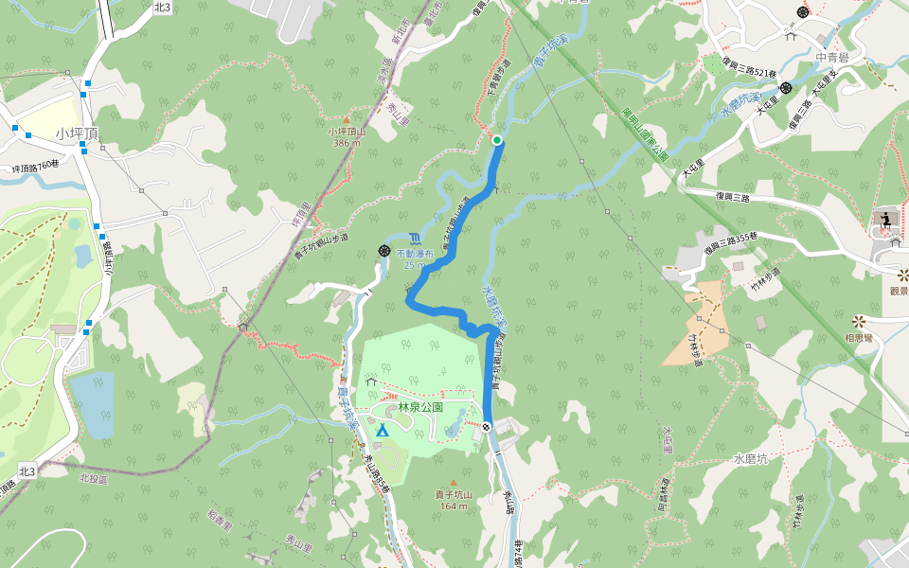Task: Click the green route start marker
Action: pos(496,141)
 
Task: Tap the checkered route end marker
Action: pos(486,427)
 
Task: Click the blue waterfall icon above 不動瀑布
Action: pos(416,238)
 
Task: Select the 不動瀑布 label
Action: pos(415,254)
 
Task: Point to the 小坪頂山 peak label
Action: pos(347,132)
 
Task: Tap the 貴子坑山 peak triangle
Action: pos(464,482)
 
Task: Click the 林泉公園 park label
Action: pos(421,407)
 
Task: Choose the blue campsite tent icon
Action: pos(382,431)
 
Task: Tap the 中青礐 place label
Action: pos(834,57)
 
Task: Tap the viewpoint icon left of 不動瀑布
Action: pos(384,251)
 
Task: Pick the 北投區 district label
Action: pos(94,479)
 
